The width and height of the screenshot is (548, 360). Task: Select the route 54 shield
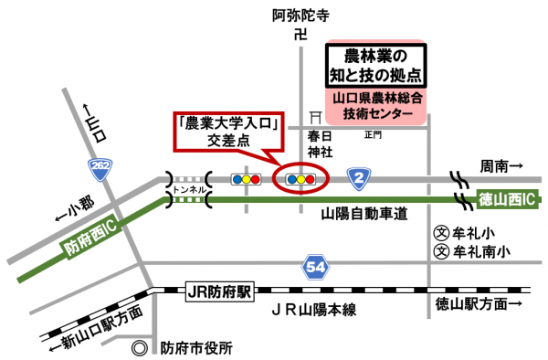(x=313, y=267)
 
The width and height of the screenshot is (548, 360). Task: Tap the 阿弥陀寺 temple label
(x=299, y=15)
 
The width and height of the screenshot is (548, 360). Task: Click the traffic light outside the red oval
(x=246, y=180)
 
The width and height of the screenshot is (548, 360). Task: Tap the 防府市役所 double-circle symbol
(x=139, y=348)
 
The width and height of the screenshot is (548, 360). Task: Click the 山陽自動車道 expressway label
(x=364, y=213)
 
